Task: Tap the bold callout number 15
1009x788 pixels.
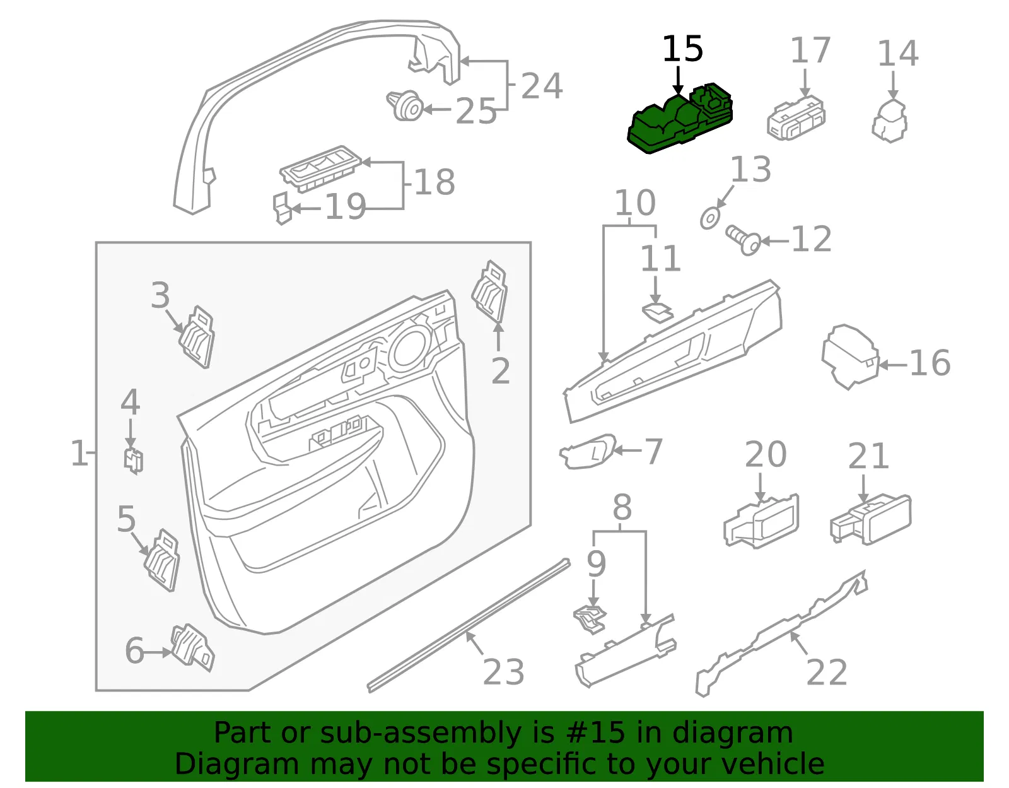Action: point(682,49)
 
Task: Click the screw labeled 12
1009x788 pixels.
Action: point(743,240)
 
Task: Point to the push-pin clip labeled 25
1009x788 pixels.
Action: point(405,105)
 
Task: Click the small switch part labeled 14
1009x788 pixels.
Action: point(889,121)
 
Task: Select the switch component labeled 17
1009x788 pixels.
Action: point(796,118)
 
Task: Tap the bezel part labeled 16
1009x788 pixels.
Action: point(849,356)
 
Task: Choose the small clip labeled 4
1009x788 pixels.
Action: point(133,461)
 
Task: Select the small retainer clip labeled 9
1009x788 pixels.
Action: point(590,620)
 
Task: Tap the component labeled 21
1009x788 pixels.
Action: point(871,520)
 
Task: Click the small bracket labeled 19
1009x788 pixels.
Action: point(283,208)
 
